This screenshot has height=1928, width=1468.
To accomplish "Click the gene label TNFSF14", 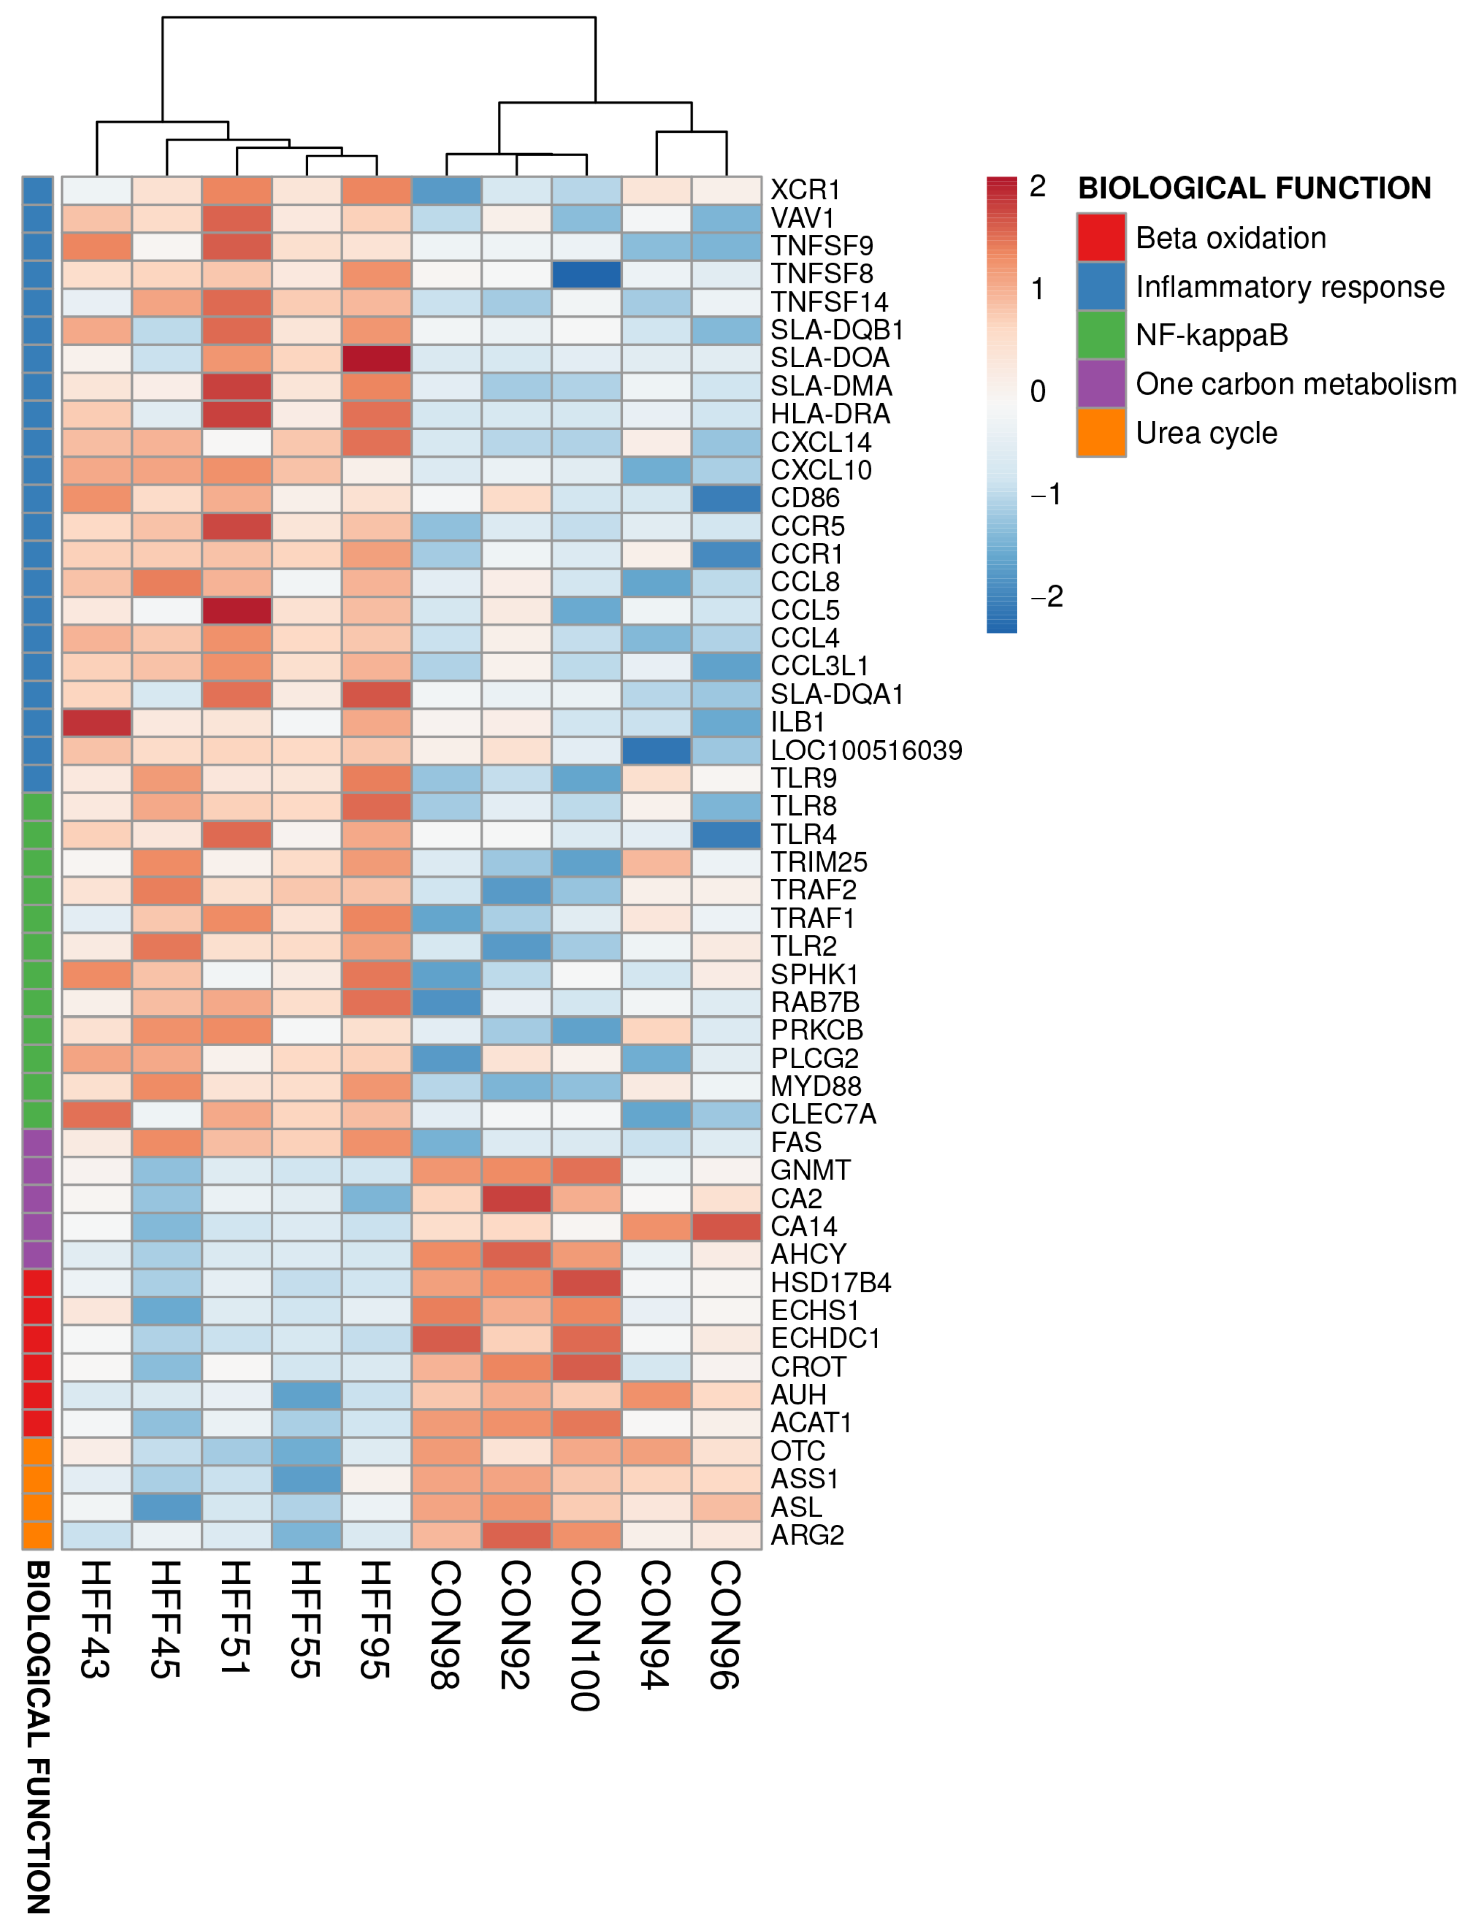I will coord(829,303).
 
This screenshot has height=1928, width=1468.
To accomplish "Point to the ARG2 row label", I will coord(807,1535).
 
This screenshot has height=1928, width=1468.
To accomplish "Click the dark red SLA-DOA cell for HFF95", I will coord(377,358).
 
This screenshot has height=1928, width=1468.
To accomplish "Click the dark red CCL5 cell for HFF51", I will coord(237,610).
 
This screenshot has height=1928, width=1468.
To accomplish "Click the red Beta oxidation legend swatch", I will coord(1101,238).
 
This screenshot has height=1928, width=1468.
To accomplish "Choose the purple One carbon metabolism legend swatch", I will coord(1101,384).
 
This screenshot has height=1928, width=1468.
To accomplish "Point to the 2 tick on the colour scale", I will coord(1037,186).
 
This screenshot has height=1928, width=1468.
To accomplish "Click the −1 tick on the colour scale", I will coord(1045,495).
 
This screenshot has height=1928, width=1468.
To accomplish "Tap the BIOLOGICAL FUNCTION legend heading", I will coord(1254,188).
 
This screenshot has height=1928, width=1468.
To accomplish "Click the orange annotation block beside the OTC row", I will coord(37,1451).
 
